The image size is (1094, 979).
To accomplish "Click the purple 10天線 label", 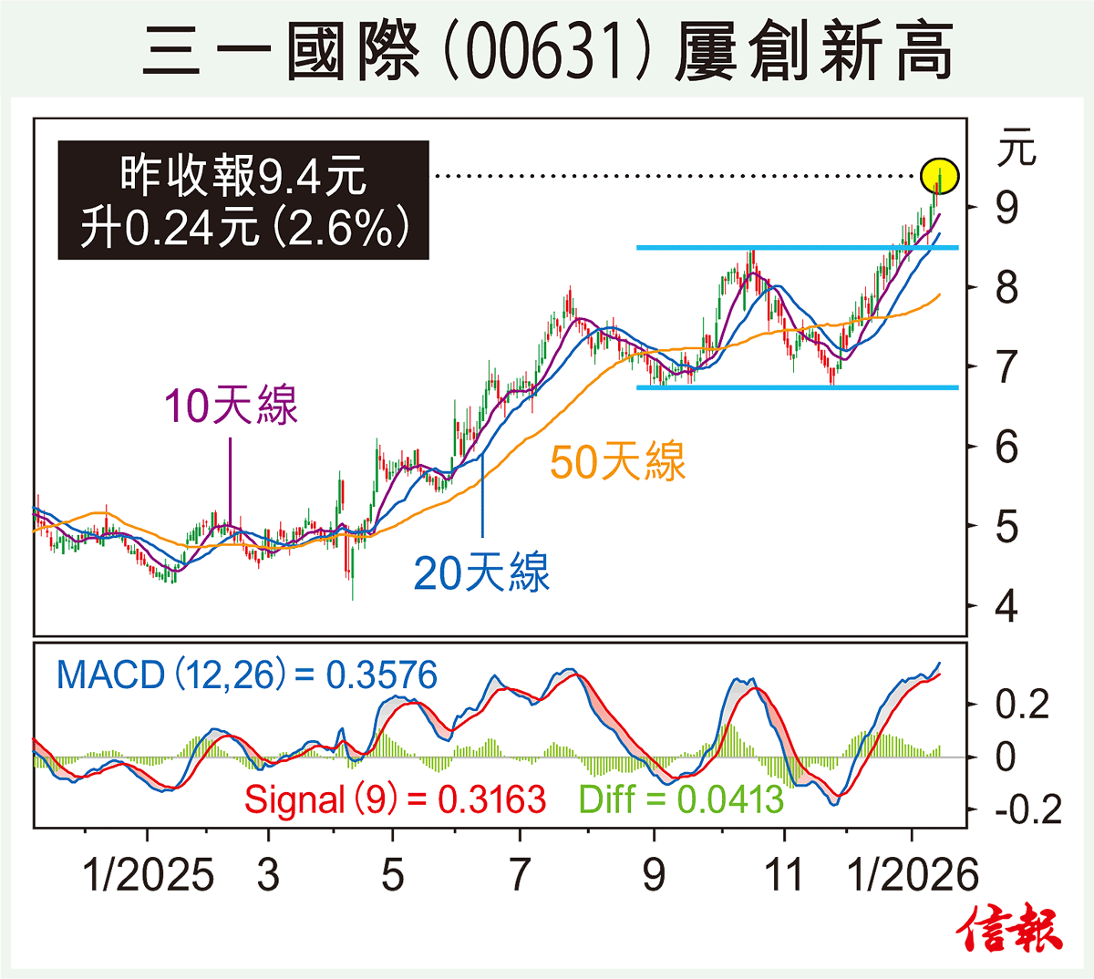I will pos(232,406).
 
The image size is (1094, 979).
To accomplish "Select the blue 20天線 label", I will pos(481,573).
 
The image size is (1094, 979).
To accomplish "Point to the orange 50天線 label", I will pos(617,461).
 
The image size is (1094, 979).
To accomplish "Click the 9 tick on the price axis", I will pos(1006,208).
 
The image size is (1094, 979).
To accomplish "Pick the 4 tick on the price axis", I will pos(1006,606).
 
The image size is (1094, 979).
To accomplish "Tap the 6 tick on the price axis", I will pos(1006,447).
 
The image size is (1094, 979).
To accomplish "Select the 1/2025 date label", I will pos(149,875).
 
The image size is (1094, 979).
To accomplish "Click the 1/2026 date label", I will pos(913,875).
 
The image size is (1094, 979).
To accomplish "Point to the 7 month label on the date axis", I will pos(519,875).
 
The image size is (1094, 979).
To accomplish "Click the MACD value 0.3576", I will pos(381,675).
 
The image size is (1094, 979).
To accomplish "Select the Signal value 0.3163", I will pos(491,800).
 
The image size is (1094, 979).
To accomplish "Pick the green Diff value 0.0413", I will pos(730,800).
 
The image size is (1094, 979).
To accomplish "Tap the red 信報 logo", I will pos(1010,931).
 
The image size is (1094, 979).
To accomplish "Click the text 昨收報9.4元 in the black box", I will pos(243,175).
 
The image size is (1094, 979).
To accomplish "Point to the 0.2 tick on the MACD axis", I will pos(1021,705).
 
